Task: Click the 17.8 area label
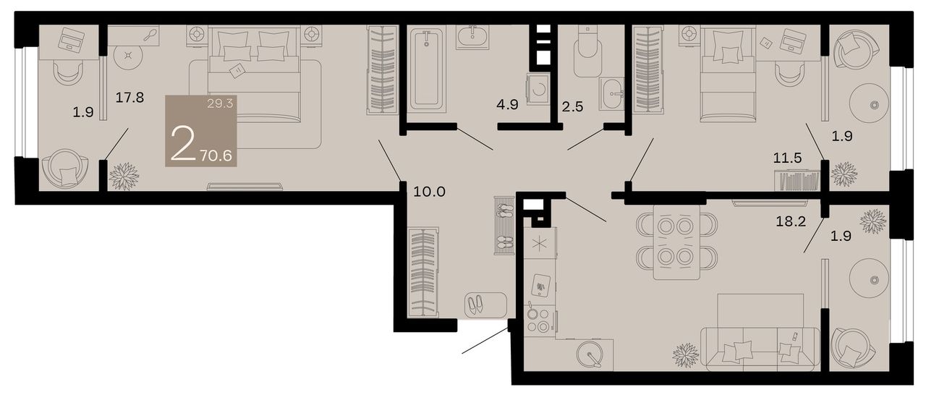[x=129, y=98]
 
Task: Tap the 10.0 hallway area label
[x=430, y=192]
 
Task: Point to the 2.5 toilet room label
[x=572, y=106]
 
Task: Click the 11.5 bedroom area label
[x=788, y=158]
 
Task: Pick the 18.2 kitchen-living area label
[x=791, y=222]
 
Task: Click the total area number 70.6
[x=216, y=156]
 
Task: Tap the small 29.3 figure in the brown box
[x=221, y=103]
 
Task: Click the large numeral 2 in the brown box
[x=183, y=143]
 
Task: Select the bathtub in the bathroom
[x=427, y=69]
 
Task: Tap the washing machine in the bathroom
[x=538, y=89]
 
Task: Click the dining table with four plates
[x=676, y=242]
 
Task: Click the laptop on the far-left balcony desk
[x=72, y=41]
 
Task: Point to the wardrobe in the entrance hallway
[x=423, y=272]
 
